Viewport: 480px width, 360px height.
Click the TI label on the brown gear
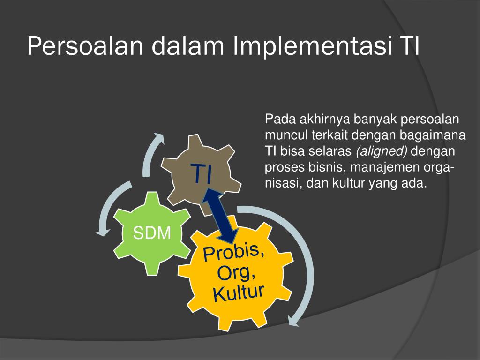pyautogui.click(x=202, y=174)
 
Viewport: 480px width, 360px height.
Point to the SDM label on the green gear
pyautogui.click(x=151, y=232)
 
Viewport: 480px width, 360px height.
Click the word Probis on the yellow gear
pyautogui.click(x=233, y=252)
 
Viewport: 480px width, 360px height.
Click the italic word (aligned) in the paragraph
pyautogui.click(x=382, y=151)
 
